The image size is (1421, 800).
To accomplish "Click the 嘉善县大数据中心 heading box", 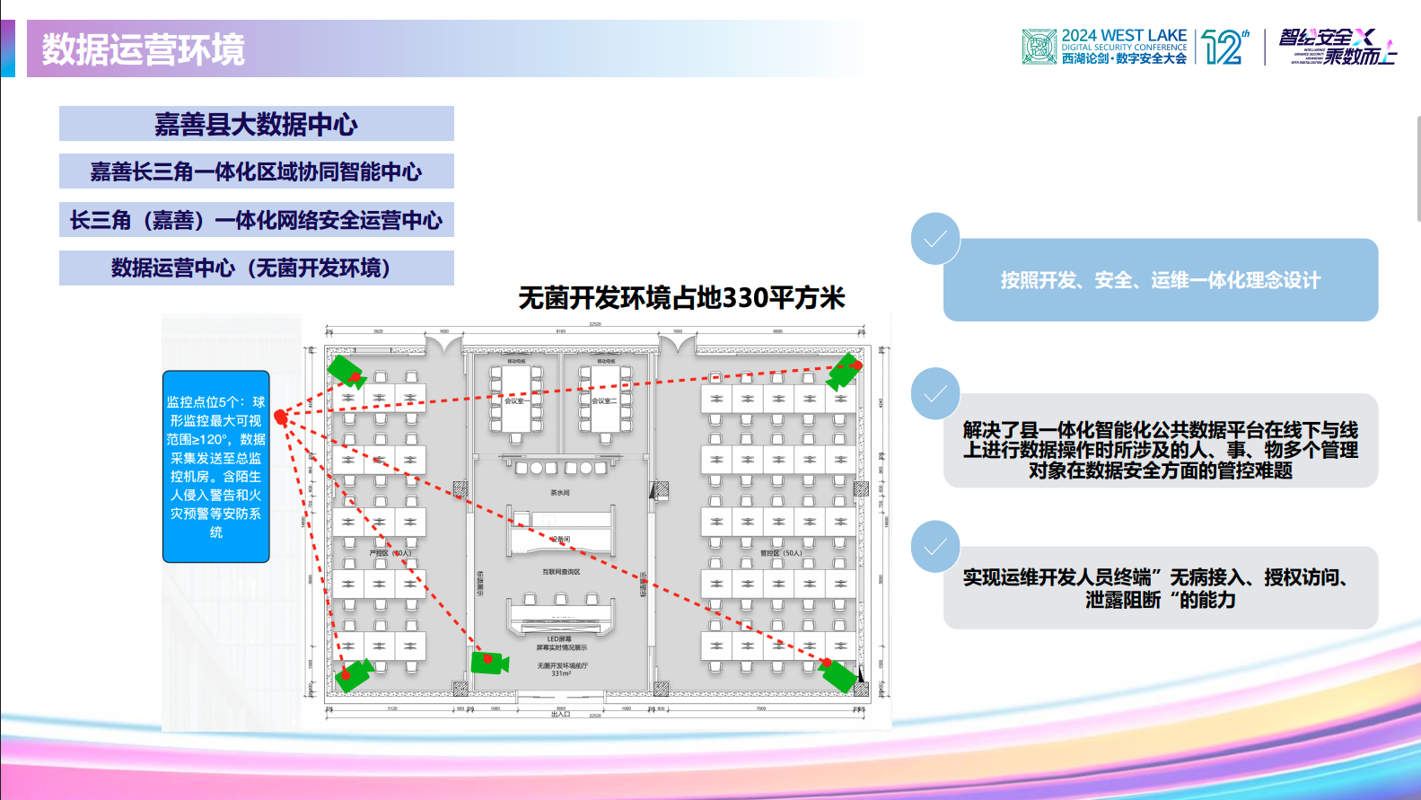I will pos(256,124).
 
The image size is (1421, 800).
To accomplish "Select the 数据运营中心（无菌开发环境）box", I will pos(256,268).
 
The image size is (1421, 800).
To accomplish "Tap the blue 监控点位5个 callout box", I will pos(215,466).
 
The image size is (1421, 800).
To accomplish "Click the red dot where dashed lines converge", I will pos(280,416).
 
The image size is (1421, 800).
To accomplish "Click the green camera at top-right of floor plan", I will pos(844,369).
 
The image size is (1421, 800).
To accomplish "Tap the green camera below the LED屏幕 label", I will pos(489,663).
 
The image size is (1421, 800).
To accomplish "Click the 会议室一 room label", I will pos(514,401).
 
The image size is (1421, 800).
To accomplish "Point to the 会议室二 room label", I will pos(603,401).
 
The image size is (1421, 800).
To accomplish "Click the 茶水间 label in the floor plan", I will pos(560,493).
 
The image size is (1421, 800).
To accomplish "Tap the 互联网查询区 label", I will pos(561,572).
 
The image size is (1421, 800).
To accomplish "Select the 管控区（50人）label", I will pos(780,553).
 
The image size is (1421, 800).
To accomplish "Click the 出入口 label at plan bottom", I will pos(560,715).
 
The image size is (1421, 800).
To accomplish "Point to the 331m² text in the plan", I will pos(561,673).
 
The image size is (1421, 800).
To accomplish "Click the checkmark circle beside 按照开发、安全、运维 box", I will pos(935,239).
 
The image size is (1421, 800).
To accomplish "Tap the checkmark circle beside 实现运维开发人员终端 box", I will pos(935,546).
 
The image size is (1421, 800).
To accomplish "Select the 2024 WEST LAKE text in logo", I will pos(1124,35).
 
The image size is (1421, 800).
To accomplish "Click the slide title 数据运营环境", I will pos(144,48).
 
